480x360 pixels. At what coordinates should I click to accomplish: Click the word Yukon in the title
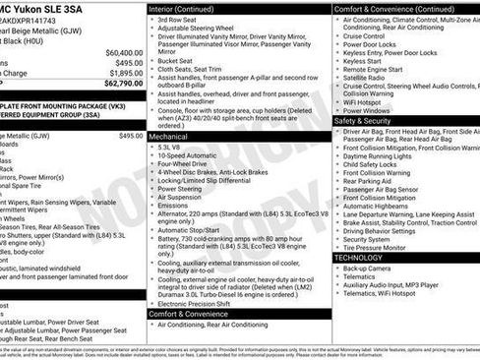coord(35,8)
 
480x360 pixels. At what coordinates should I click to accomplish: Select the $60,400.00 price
coord(123,52)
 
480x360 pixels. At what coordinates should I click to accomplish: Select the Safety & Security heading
coord(368,120)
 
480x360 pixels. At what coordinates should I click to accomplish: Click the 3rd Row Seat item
coord(177,20)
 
